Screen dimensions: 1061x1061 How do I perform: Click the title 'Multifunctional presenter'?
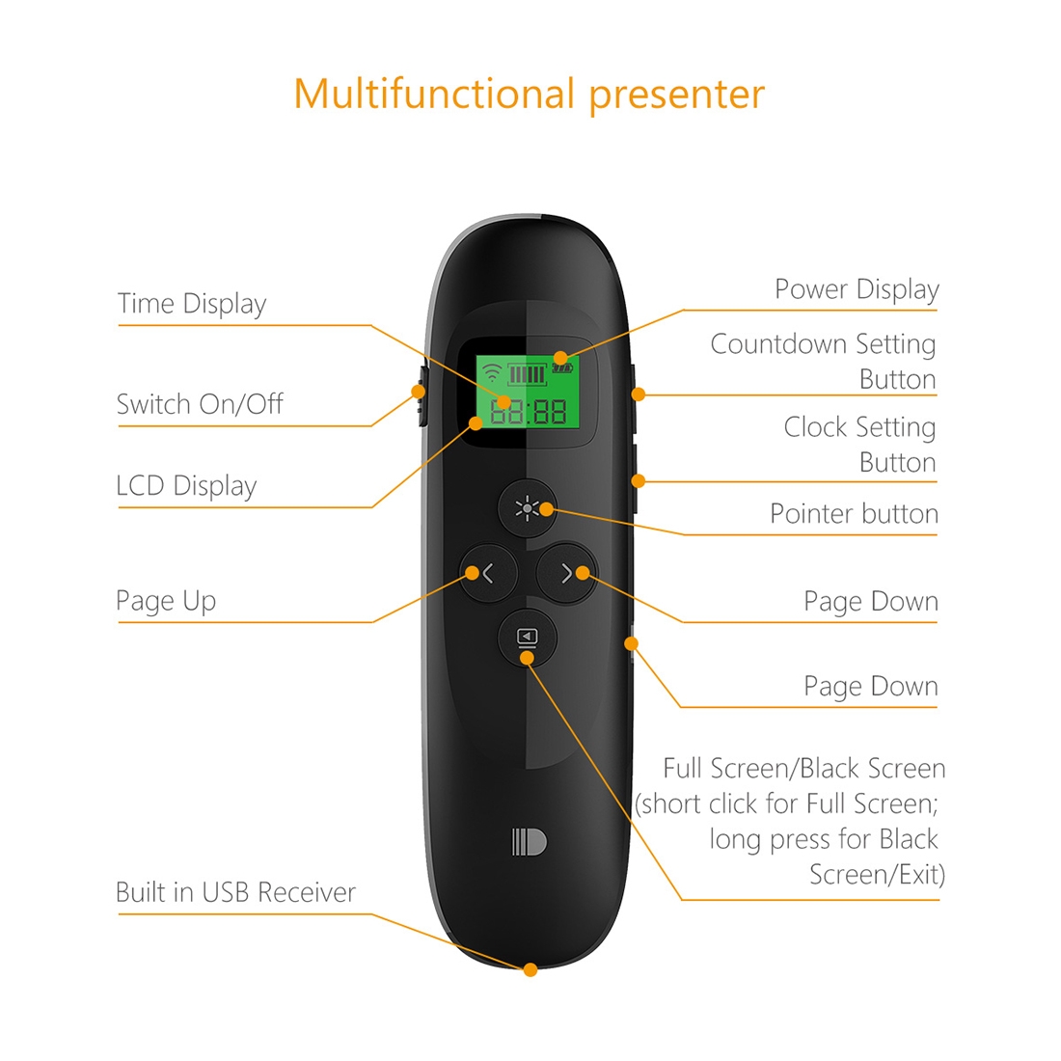pyautogui.click(x=530, y=95)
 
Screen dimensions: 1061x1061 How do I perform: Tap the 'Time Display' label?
pyautogui.click(x=192, y=304)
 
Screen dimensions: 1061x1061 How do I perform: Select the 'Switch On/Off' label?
pyautogui.click(x=200, y=404)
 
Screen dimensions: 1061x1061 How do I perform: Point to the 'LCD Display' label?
pyautogui.click(x=187, y=486)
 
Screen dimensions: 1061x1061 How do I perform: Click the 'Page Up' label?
pyautogui.click(x=166, y=601)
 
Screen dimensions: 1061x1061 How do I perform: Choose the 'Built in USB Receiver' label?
pyautogui.click(x=235, y=892)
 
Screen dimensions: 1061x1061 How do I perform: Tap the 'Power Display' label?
pyautogui.click(x=857, y=289)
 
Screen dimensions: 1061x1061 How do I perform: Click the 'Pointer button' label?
pyautogui.click(x=854, y=514)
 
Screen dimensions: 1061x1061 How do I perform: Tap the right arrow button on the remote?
pyautogui.click(x=565, y=573)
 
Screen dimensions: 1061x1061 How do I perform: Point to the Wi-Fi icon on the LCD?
pyautogui.click(x=492, y=372)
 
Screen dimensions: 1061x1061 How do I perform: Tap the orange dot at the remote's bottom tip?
pyautogui.click(x=530, y=970)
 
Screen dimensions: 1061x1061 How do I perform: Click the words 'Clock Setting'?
pyautogui.click(x=859, y=427)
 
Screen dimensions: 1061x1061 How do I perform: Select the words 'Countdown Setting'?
pyautogui.click(x=823, y=344)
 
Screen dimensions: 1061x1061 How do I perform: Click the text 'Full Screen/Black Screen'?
pyautogui.click(x=803, y=769)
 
